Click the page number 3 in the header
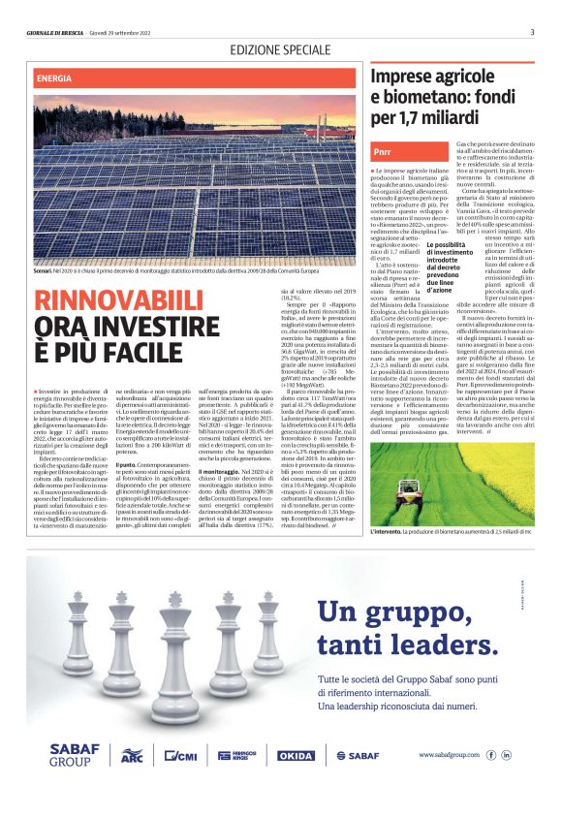[532, 32]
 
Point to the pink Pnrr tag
[383, 153]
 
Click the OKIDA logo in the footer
[296, 755]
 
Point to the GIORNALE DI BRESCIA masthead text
[61, 32]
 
